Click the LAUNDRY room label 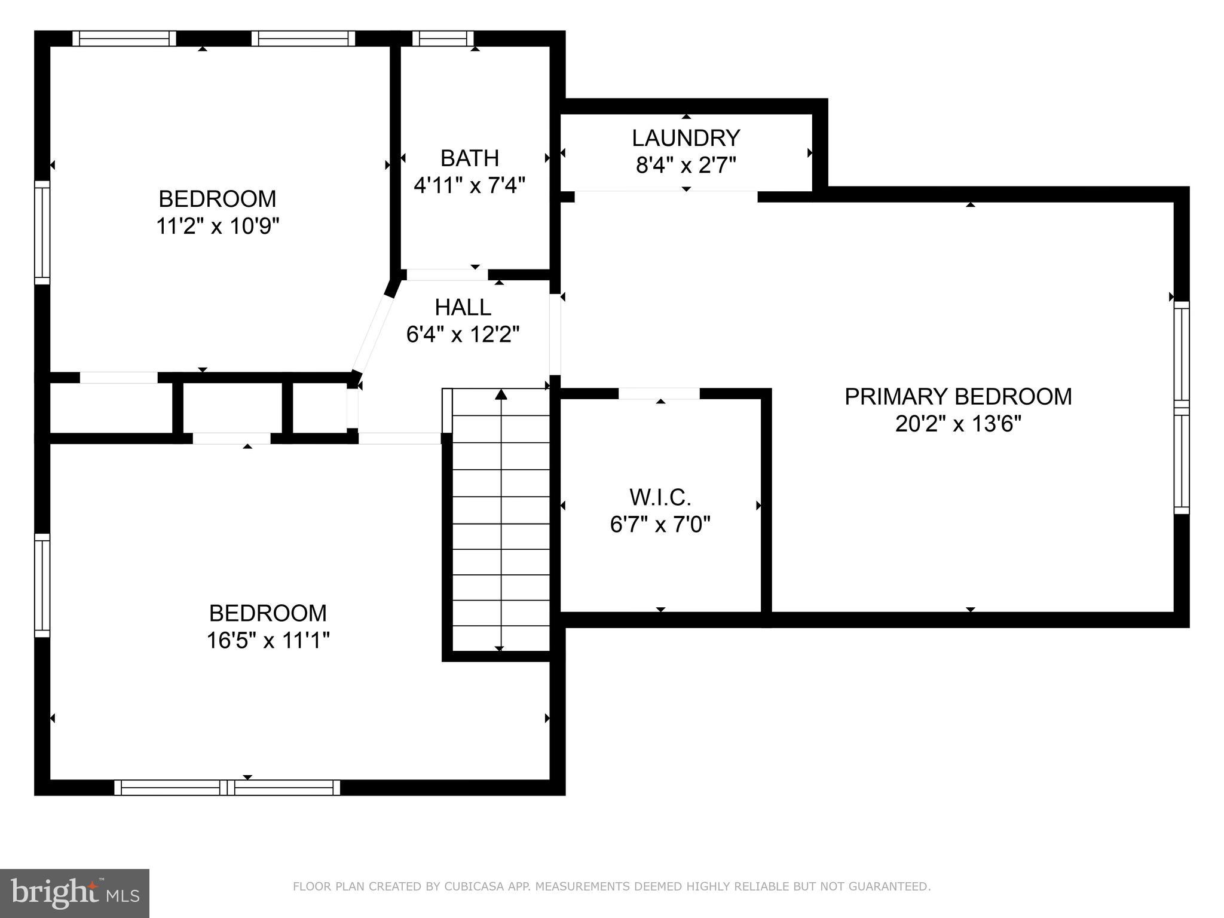point(686,138)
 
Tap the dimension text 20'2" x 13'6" point(958,424)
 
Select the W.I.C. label point(660,497)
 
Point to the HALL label point(463,307)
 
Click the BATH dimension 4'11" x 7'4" point(469,185)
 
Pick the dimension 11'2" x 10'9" point(218,227)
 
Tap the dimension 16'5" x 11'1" point(268,641)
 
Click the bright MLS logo point(74,893)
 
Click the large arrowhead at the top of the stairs point(501,394)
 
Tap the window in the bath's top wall point(443,39)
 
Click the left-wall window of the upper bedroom point(42,232)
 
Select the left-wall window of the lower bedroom point(42,585)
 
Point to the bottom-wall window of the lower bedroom point(227,788)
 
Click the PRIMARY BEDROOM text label point(958,397)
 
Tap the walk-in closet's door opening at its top point(659,393)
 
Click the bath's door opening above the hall point(446,275)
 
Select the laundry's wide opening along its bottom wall point(666,196)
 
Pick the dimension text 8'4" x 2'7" point(686,165)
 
